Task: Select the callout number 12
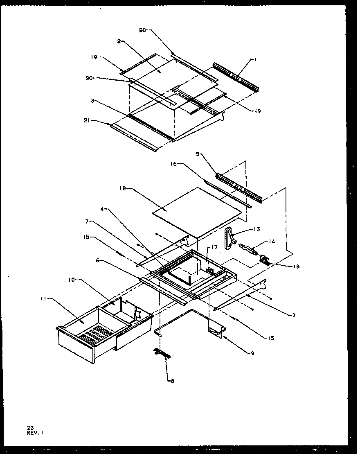click(x=123, y=189)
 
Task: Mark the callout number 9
click(x=252, y=353)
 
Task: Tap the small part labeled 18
click(x=264, y=261)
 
